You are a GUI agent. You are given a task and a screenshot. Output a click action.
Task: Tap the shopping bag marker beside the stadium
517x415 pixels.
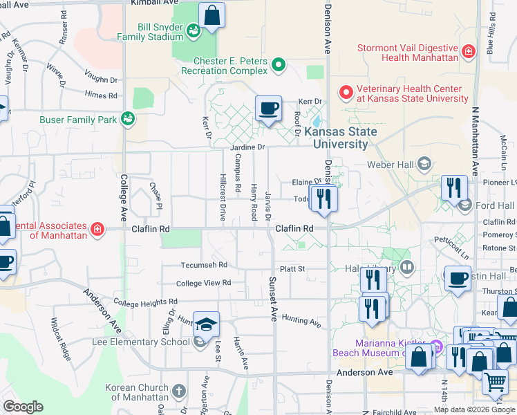pyautogui.click(x=211, y=15)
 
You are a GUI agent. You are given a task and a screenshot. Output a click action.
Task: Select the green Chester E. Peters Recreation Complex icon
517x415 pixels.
pyautogui.click(x=279, y=66)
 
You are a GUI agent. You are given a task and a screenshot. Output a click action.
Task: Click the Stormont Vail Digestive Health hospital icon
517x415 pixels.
pyautogui.click(x=469, y=51)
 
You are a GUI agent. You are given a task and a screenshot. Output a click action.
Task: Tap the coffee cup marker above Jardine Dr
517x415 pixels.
pyautogui.click(x=268, y=109)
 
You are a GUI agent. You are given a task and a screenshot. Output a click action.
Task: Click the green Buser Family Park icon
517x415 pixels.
pyautogui.click(x=127, y=119)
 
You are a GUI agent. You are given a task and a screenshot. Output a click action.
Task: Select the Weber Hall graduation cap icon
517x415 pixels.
pyautogui.click(x=424, y=164)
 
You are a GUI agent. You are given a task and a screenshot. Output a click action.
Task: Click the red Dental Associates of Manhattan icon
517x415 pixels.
pyautogui.click(x=97, y=229)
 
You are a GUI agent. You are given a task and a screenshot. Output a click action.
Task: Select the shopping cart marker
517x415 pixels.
pyautogui.click(x=494, y=380)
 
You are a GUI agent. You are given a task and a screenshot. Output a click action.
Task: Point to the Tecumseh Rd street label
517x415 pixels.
pyautogui.click(x=204, y=265)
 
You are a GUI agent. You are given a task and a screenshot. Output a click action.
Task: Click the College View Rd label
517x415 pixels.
pyautogui.click(x=203, y=283)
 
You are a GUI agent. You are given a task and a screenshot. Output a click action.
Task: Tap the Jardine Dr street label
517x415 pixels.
pyautogui.click(x=248, y=147)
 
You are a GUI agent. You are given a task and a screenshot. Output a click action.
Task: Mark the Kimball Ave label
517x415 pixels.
pyautogui.click(x=153, y=3)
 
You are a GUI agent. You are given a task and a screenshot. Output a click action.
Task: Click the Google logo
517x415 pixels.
pyautogui.click(x=23, y=407)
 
